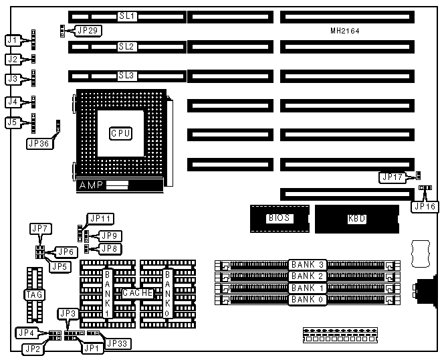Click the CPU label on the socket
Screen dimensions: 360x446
click(120, 133)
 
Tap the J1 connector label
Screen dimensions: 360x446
click(11, 40)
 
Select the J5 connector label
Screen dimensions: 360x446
click(11, 123)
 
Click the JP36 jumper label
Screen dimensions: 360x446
click(38, 142)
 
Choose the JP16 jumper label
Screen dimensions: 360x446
click(425, 206)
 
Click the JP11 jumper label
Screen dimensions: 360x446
click(101, 218)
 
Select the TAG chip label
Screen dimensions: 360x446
click(33, 294)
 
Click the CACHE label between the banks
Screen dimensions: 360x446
click(138, 293)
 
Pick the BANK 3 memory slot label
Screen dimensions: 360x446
click(308, 264)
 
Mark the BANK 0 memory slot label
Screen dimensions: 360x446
click(308, 299)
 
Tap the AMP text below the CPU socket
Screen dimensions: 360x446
click(92, 185)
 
